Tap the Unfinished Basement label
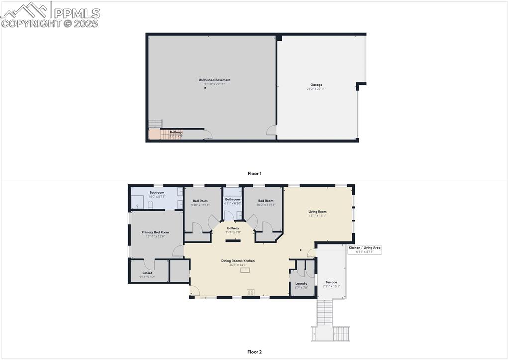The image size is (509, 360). pyautogui.click(x=214, y=80)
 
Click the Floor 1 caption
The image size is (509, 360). pyautogui.click(x=254, y=174)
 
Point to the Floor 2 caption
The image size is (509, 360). pyautogui.click(x=254, y=352)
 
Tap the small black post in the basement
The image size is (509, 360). pyautogui.click(x=205, y=88)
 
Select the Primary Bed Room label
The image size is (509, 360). pyautogui.click(x=155, y=232)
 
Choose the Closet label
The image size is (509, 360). pyautogui.click(x=147, y=273)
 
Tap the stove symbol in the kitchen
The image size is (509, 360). pyautogui.click(x=251, y=292)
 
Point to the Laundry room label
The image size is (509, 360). pyautogui.click(x=301, y=284)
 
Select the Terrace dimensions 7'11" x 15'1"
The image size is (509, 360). pyautogui.click(x=331, y=286)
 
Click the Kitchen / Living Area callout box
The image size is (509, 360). pyautogui.click(x=364, y=249)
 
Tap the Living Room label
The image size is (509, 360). pyautogui.click(x=317, y=212)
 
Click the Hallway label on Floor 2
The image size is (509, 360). pyautogui.click(x=233, y=228)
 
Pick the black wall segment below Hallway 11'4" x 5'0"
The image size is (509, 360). pyautogui.click(x=233, y=241)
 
